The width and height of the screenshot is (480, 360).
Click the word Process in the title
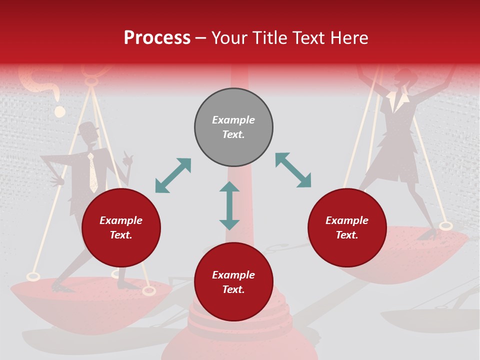click(157, 38)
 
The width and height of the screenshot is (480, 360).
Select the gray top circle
click(233, 127)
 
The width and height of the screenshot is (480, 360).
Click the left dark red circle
click(121, 228)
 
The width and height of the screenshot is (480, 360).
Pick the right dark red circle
click(347, 228)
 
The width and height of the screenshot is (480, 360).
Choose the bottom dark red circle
click(233, 282)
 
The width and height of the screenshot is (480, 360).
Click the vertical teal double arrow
click(229, 205)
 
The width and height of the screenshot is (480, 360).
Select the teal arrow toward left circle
click(173, 175)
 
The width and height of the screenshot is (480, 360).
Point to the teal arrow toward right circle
click(293, 170)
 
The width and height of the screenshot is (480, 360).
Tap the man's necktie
click(92, 173)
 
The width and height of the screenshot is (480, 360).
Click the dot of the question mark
click(60, 111)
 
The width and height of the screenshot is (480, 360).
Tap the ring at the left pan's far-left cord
click(33, 276)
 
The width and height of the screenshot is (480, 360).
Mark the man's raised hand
click(127, 160)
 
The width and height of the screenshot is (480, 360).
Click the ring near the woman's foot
click(445, 226)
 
